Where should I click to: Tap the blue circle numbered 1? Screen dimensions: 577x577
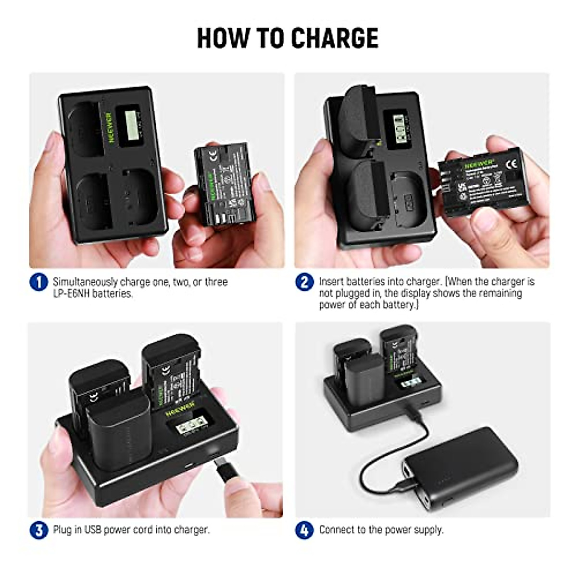(38, 282)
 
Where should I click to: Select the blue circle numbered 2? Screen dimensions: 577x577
(304, 282)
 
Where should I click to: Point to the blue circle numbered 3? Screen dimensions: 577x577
(38, 530)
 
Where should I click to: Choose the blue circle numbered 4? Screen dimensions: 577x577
(304, 530)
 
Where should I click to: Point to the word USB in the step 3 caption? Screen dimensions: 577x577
(94, 530)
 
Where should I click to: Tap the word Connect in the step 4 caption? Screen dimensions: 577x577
(336, 530)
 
